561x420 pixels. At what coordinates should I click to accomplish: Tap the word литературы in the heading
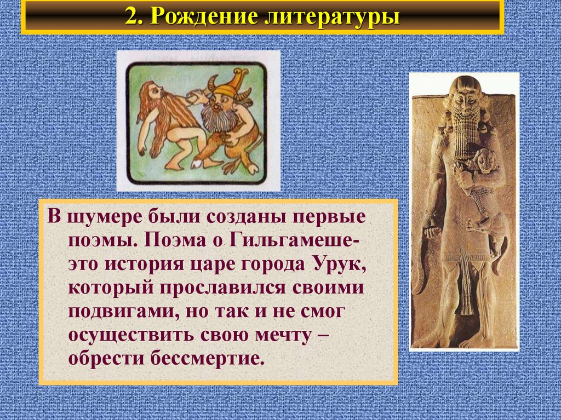(331, 17)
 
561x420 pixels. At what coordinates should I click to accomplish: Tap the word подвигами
(124, 312)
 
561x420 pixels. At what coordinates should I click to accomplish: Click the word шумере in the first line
(106, 218)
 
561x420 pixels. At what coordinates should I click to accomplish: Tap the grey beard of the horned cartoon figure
(215, 117)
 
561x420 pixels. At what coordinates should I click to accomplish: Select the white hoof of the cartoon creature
(197, 165)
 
